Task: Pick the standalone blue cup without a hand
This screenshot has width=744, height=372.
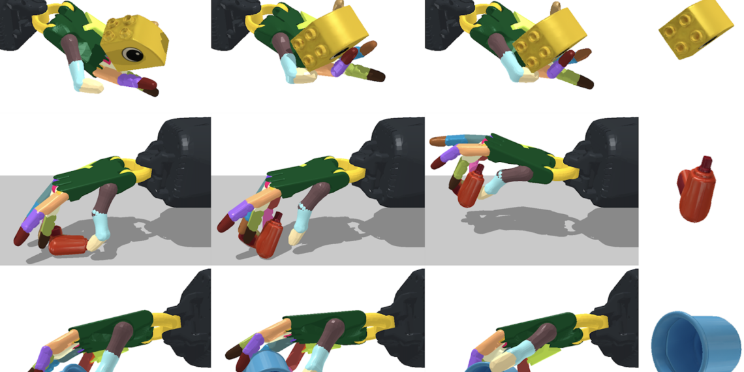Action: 696,342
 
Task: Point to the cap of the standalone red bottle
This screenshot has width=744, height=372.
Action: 706,163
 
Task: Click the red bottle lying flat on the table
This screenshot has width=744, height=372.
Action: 68,245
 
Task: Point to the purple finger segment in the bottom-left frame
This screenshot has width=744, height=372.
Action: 44,358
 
